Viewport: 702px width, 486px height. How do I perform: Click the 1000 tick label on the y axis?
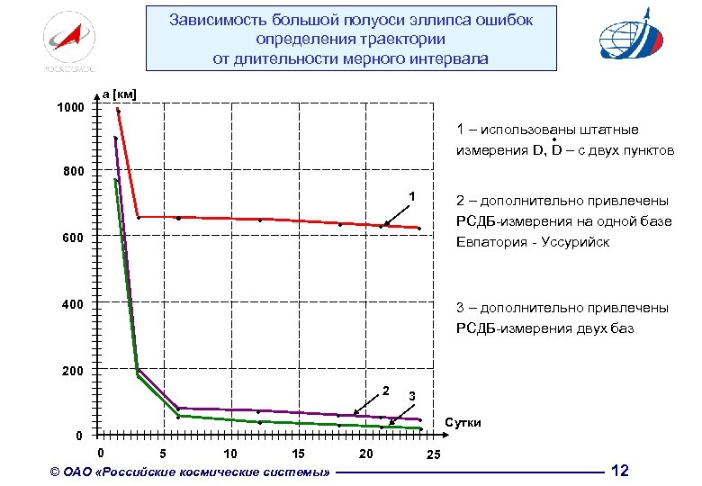coord(70,108)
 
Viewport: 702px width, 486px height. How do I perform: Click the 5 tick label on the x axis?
coord(162,453)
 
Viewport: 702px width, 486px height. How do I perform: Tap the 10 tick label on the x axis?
coord(230,453)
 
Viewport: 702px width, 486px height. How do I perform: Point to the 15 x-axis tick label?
coord(298,453)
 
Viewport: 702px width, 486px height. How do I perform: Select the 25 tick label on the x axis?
coord(433,454)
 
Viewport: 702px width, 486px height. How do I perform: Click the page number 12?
coord(620,470)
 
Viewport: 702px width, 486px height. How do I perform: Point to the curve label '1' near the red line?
coord(411,197)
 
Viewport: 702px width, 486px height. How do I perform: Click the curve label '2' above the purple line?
coord(385,390)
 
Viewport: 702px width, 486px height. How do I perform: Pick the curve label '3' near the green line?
coord(411,396)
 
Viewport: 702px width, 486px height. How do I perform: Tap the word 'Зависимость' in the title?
coord(217,20)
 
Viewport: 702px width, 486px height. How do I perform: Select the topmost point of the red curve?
coord(118,110)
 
